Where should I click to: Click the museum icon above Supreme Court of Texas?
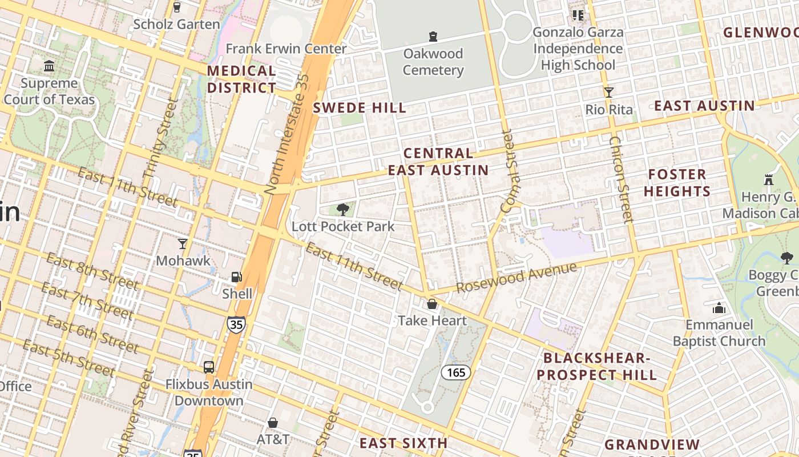49,66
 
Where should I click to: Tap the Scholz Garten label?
176,24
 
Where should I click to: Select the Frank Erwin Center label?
286,49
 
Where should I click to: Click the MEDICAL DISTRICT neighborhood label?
241,79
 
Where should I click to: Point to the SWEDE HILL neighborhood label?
360,108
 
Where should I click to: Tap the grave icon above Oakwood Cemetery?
433,37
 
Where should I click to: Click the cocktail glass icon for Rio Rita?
609,92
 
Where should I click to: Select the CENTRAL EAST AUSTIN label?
438,162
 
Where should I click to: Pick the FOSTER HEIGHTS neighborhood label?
677,183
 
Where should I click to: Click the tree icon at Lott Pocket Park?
342,210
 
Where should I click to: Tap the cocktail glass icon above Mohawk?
183,244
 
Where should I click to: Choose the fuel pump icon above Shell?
236,277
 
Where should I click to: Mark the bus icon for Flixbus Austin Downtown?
209,367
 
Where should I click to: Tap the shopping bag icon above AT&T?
273,423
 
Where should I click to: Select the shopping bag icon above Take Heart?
432,304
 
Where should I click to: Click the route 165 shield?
456,373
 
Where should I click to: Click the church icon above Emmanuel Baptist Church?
719,308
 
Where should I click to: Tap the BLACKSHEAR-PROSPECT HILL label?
597,367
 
